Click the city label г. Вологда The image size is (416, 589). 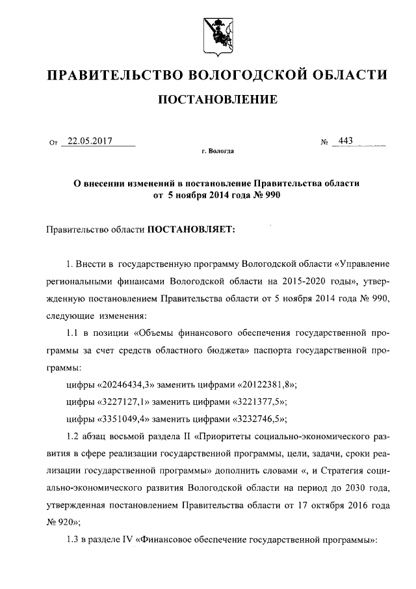click(217, 151)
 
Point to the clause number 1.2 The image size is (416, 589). click(75, 434)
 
